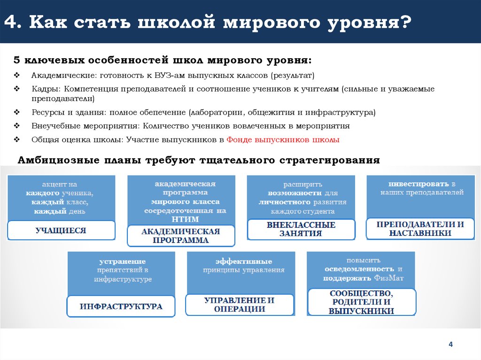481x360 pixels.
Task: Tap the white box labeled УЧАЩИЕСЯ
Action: point(61,230)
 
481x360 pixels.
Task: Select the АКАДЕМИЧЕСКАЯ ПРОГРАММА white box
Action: point(181,236)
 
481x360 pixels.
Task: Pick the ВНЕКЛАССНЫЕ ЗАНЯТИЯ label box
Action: point(301,229)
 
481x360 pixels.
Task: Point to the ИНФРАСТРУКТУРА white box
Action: point(121,306)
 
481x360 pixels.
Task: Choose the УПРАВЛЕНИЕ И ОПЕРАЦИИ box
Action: point(240,305)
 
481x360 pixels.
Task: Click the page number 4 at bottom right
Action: point(450,345)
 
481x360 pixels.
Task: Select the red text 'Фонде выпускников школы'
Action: point(283,140)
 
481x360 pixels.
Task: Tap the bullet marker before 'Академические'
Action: point(17,76)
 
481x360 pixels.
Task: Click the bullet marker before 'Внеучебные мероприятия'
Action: point(17,126)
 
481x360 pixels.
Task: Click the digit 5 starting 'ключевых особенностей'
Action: point(17,61)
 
